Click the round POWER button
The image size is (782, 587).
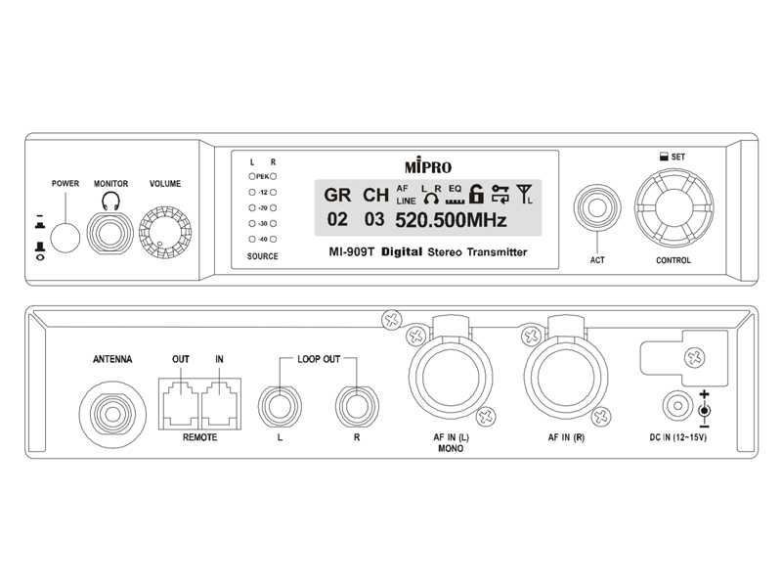pos(65,236)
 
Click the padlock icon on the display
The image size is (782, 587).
pos(477,193)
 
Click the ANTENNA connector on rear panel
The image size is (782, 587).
pos(111,400)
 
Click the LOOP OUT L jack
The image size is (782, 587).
pos(280,404)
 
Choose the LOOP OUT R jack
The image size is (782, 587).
pos(357,404)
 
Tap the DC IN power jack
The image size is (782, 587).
pos(675,406)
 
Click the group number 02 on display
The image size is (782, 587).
pos(337,220)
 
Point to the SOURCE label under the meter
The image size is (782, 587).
pos(262,256)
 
